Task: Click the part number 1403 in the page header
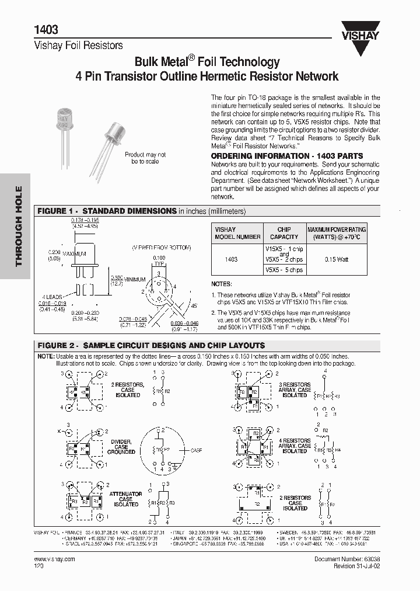(x=45, y=30)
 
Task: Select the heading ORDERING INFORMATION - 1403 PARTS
(x=286, y=156)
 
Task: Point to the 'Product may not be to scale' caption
(x=145, y=158)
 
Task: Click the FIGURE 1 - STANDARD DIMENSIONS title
(x=107, y=211)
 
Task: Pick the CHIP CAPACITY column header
(x=284, y=233)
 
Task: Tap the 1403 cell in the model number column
(x=231, y=259)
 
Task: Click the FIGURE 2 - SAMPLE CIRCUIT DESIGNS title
(x=151, y=345)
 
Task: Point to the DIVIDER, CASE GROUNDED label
(x=121, y=447)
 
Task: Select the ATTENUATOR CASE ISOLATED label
(x=125, y=499)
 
